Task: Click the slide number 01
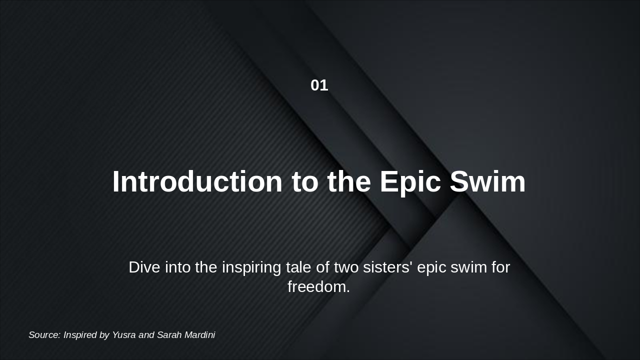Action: click(319, 85)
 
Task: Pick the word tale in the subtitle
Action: click(298, 267)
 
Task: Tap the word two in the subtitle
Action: click(346, 267)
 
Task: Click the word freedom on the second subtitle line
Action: click(316, 287)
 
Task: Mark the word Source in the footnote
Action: click(44, 335)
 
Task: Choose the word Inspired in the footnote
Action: click(80, 335)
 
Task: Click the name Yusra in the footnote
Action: click(123, 335)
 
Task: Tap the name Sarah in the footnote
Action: click(168, 335)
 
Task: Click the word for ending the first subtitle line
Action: click(500, 267)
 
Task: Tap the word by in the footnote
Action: click(104, 335)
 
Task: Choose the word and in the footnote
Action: click(146, 335)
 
